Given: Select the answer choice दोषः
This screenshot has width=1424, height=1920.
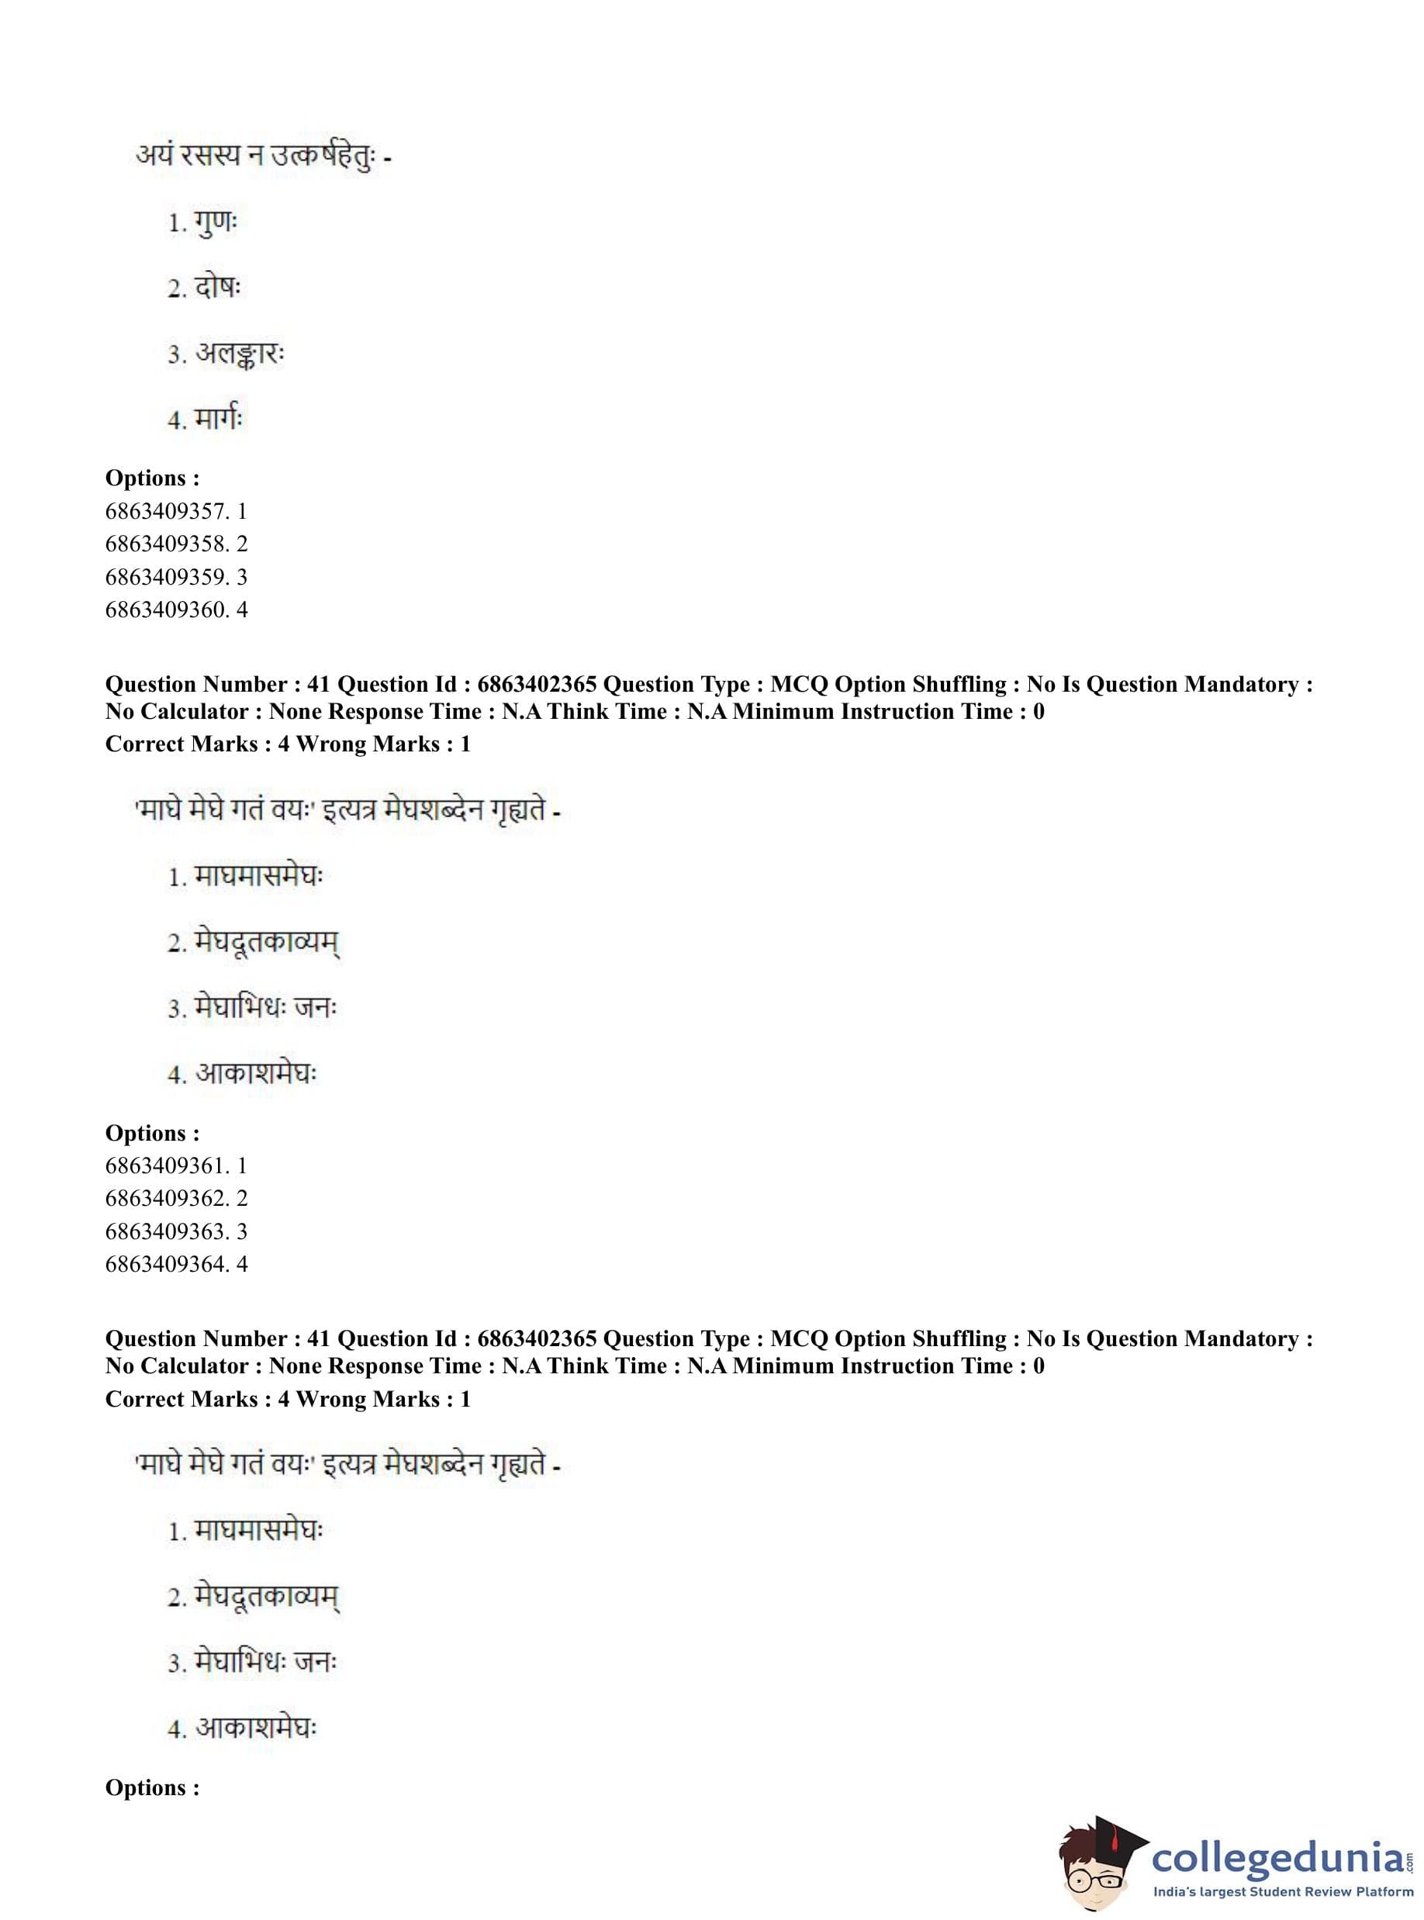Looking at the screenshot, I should coord(218,288).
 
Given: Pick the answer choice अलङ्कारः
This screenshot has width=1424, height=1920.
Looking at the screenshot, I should coord(240,354).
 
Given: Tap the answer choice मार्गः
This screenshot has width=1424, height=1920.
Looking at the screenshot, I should coord(219,420).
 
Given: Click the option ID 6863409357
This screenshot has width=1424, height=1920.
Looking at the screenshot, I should coord(166,511).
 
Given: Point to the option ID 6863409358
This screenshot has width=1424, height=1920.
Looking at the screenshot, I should coord(166,544).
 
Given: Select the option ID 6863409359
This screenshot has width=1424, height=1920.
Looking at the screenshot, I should coord(166,576).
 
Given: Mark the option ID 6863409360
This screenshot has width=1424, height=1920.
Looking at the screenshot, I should coord(166,609).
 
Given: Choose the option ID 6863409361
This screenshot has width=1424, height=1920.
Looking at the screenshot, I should coord(166,1166).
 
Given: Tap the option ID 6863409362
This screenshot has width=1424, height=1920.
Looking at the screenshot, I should coord(166,1199).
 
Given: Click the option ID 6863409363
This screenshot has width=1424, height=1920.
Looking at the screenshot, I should coord(166,1231).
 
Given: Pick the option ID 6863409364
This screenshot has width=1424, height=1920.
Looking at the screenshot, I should coord(166,1264).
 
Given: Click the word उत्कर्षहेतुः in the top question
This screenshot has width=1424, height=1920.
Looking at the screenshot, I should coord(323,157).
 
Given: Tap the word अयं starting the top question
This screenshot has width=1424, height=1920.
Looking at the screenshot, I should coord(155,157).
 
